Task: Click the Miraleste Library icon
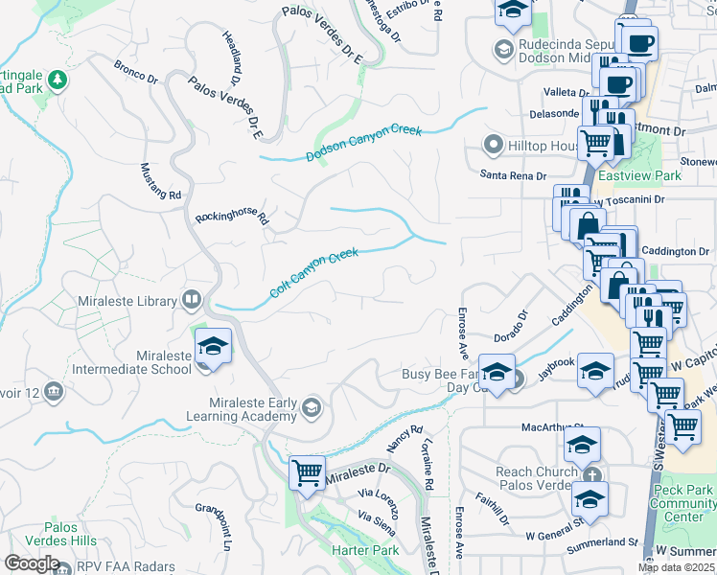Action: (192, 301)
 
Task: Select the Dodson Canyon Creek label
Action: (364, 142)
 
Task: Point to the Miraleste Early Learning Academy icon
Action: (311, 408)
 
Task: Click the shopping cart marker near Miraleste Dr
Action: (307, 472)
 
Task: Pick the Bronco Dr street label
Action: (134, 70)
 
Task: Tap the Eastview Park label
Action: (653, 175)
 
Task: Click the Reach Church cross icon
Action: (592, 473)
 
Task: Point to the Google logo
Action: (31, 563)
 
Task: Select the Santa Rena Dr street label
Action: (513, 175)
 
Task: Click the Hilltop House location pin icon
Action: (495, 146)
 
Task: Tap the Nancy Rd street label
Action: (405, 440)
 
